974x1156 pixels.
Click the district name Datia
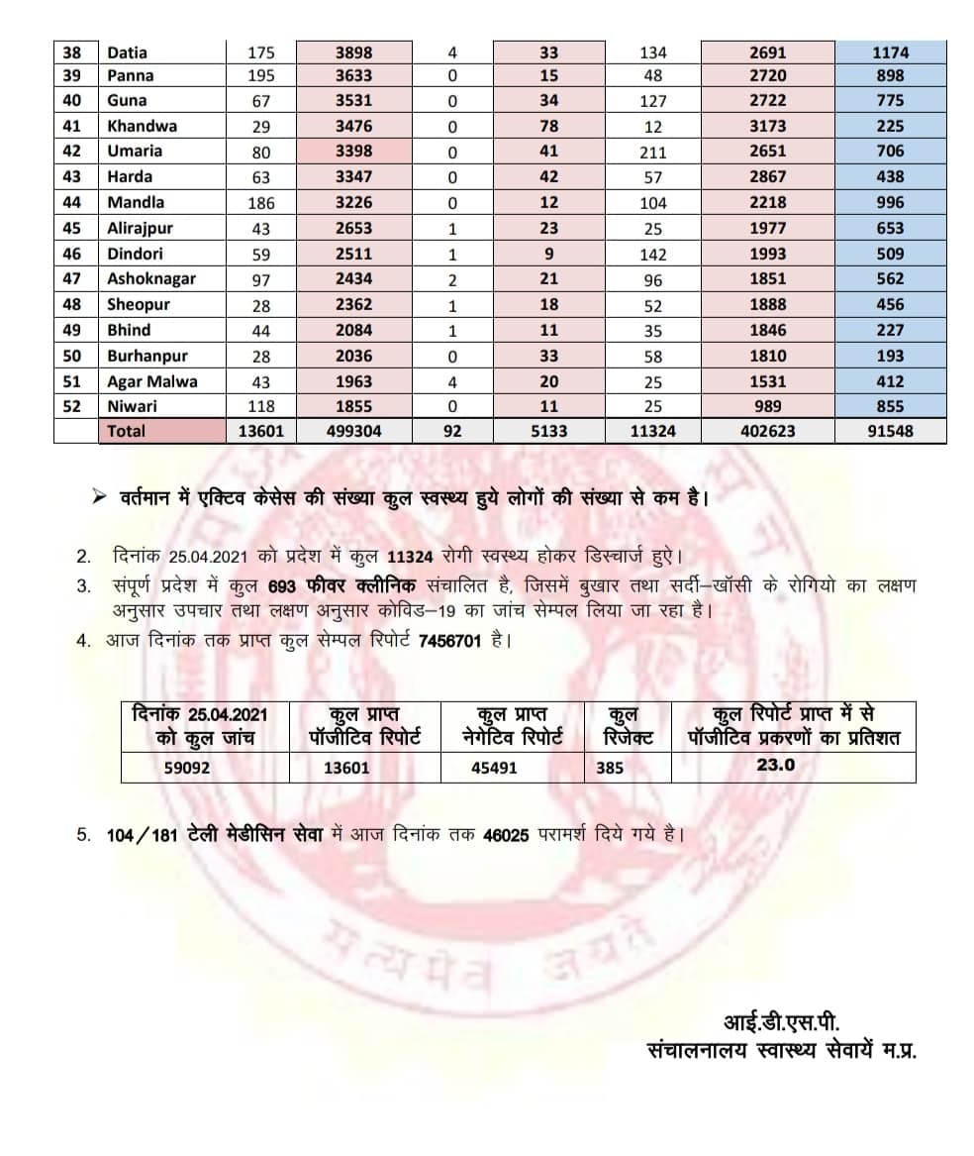coord(127,53)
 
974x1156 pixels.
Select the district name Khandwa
coord(142,126)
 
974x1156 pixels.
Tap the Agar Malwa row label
coord(151,381)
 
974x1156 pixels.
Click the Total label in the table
coord(126,431)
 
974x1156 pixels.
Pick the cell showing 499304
coord(353,431)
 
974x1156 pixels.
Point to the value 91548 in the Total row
coord(889,431)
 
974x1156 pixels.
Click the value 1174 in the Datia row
coord(889,53)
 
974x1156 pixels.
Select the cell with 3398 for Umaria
coord(353,151)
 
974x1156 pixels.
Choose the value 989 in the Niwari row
coord(767,406)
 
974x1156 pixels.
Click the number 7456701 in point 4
coord(450,641)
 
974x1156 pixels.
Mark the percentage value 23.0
coord(775,765)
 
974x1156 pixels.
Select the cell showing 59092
coord(187,767)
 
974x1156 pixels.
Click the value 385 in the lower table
coord(610,767)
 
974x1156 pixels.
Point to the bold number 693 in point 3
coord(282,585)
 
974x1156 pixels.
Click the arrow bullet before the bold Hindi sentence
coord(97,497)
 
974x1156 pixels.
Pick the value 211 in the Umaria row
coord(652,153)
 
